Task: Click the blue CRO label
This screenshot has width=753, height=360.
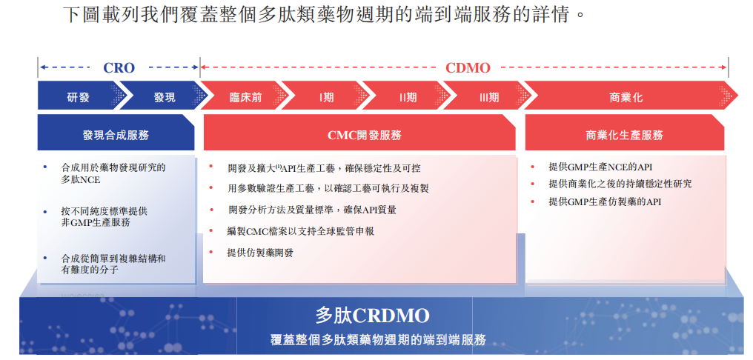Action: (x=119, y=68)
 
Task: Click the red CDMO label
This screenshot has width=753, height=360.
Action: (x=468, y=68)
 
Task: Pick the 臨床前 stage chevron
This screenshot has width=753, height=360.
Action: (x=245, y=98)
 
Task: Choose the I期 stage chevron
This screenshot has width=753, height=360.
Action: (x=326, y=98)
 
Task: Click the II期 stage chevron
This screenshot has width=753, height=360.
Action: (x=407, y=98)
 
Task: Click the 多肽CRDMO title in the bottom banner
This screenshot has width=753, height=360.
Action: (x=372, y=316)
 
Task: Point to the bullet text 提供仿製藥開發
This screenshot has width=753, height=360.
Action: (x=260, y=253)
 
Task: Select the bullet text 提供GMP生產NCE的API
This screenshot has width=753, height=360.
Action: (x=600, y=167)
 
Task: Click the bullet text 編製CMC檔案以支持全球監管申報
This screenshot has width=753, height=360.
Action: (x=301, y=231)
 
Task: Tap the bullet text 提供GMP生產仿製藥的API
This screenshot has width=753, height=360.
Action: (x=605, y=202)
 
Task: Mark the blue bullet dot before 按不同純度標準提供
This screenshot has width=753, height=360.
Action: (x=45, y=210)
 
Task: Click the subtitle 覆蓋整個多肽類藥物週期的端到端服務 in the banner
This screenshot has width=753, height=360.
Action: (x=379, y=340)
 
